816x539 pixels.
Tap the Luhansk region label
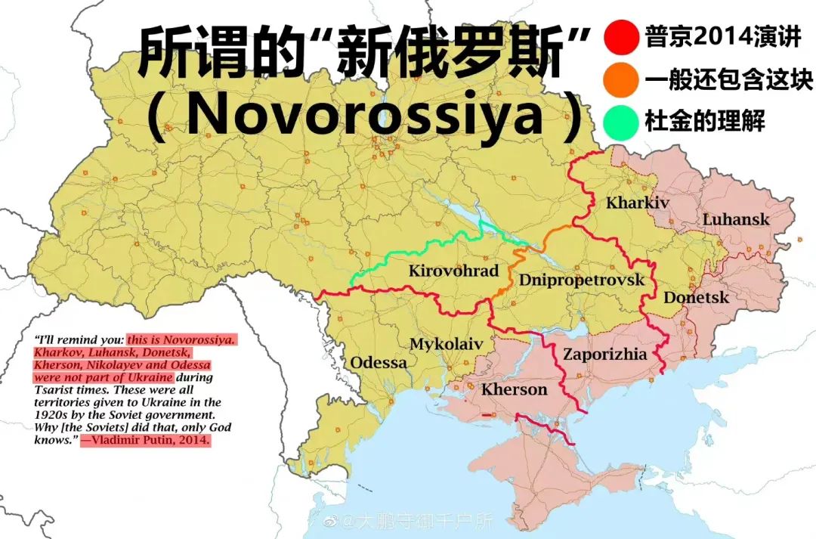pos(736,220)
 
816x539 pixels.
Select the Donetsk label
pos(697,298)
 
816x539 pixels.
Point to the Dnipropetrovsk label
pos(582,280)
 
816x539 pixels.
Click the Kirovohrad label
pos(453,271)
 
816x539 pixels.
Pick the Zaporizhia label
pos(605,354)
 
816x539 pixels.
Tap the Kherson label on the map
pos(514,389)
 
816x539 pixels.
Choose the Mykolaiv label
pos(446,345)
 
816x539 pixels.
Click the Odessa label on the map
pos(378,363)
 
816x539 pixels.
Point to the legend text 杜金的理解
pos(704,121)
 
